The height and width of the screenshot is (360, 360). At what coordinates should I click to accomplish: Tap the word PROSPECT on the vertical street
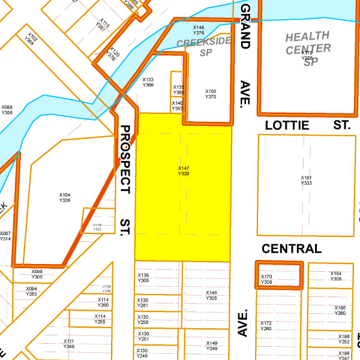pyautogui.click(x=125, y=159)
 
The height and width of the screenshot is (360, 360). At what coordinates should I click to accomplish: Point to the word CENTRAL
pyautogui.click(x=292, y=248)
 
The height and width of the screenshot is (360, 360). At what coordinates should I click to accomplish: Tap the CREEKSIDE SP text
pyautogui.click(x=204, y=48)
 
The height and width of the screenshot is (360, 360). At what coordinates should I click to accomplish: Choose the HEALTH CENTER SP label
pyautogui.click(x=308, y=49)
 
